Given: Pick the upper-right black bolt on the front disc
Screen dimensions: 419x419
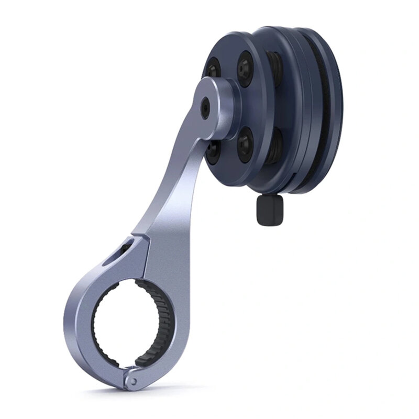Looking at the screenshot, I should (x=245, y=68).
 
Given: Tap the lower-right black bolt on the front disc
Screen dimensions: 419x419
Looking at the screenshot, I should (x=246, y=146).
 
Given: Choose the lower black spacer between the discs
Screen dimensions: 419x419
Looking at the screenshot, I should (x=276, y=147).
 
